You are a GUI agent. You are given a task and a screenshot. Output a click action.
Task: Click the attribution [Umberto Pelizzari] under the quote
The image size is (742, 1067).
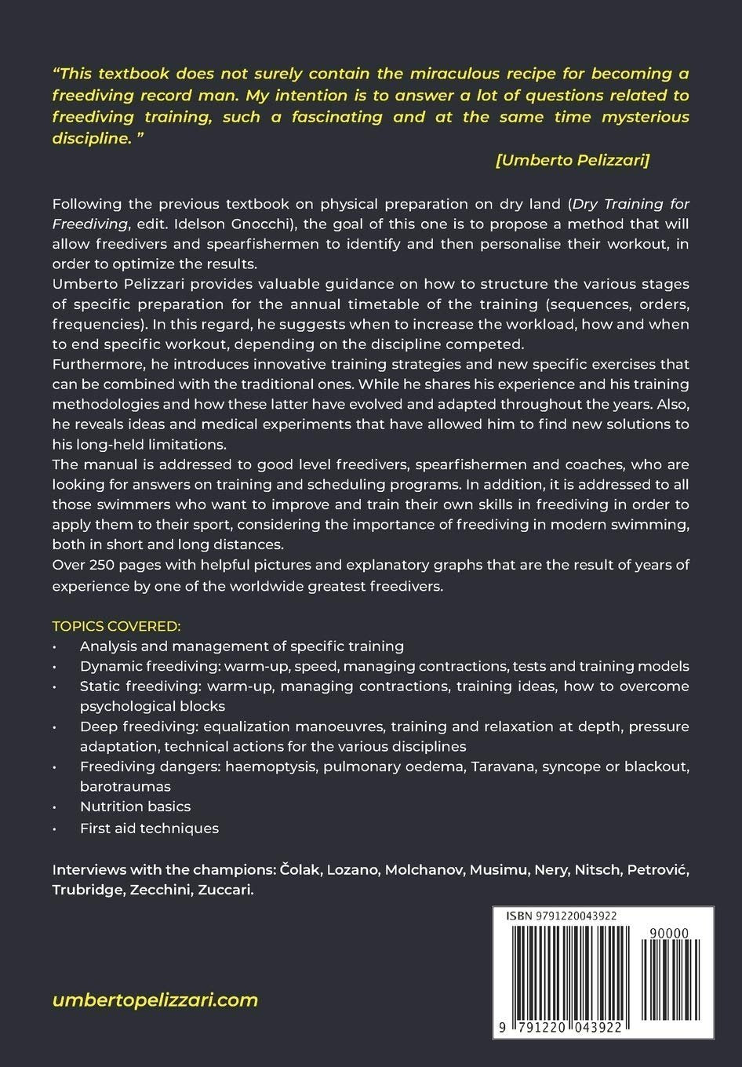[x=572, y=160]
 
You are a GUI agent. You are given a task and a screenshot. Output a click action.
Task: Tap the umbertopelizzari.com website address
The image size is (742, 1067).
[x=155, y=1000]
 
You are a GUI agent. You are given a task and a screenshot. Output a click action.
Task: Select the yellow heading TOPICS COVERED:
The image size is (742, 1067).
[x=116, y=626]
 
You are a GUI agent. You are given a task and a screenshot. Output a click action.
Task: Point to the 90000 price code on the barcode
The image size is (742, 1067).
[x=669, y=933]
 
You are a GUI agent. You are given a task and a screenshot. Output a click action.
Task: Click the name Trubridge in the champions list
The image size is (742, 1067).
[x=85, y=890]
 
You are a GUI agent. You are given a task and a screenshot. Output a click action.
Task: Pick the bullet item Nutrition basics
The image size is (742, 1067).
[x=135, y=807]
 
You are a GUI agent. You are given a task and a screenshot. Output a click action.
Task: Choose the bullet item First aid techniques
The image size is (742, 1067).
[x=149, y=828]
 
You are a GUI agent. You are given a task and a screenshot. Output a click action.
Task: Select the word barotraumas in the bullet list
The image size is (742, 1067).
[x=125, y=786]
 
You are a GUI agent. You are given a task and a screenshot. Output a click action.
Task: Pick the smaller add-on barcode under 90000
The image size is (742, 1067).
[x=670, y=981]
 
